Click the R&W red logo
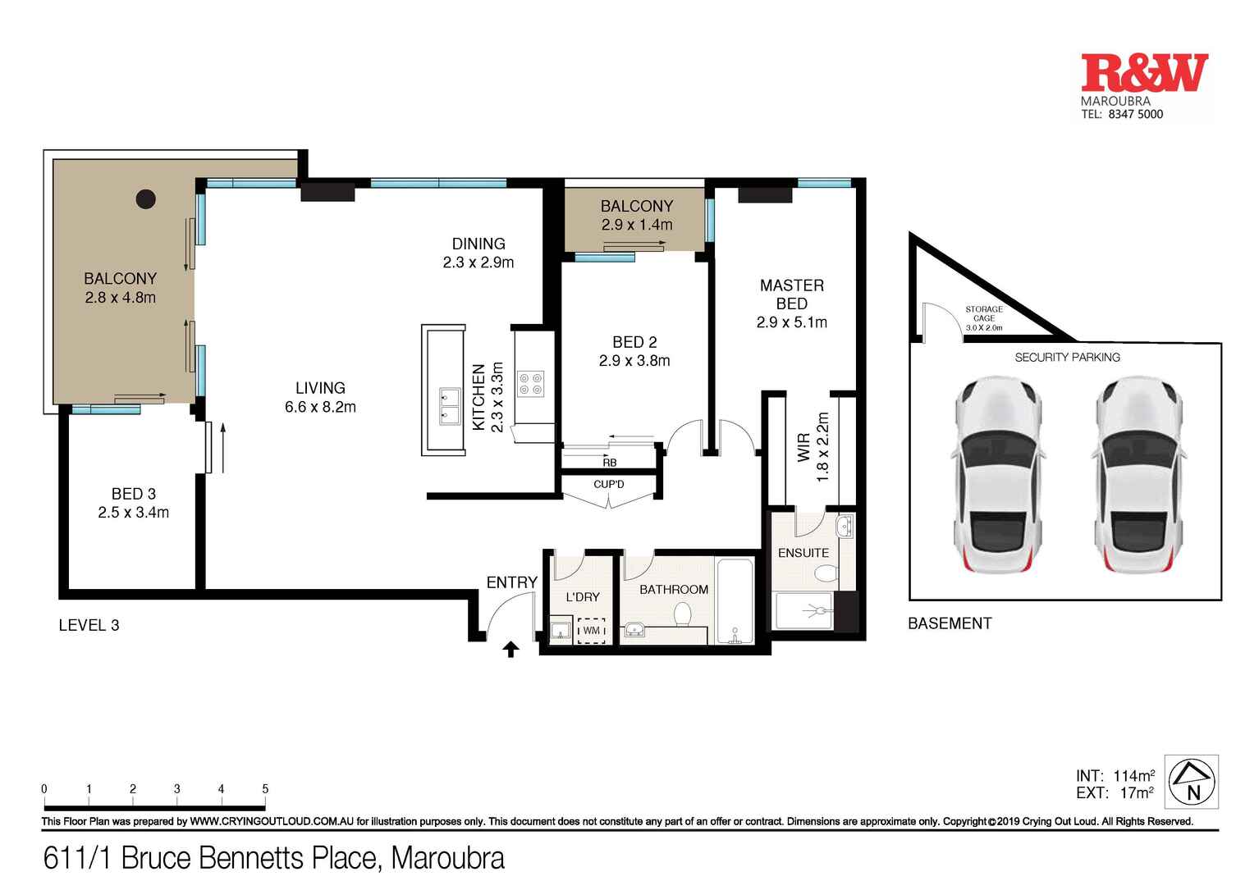click(x=1144, y=73)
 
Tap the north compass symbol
click(x=1193, y=782)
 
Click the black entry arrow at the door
click(x=511, y=650)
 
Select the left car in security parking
click(x=996, y=477)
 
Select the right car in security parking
click(x=1137, y=477)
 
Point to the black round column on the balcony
click(x=146, y=199)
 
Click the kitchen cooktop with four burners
click(x=530, y=384)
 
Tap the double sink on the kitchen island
click(x=449, y=406)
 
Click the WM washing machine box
click(x=591, y=630)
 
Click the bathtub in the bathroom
click(x=735, y=601)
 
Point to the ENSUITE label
click(x=803, y=553)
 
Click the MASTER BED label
click(x=791, y=294)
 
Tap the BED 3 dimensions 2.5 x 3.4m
click(x=134, y=513)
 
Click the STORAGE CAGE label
click(x=983, y=314)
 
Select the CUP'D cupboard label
click(x=608, y=485)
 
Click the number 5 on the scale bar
click(x=265, y=789)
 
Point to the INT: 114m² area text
click(x=1115, y=775)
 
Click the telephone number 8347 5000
click(x=1135, y=115)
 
